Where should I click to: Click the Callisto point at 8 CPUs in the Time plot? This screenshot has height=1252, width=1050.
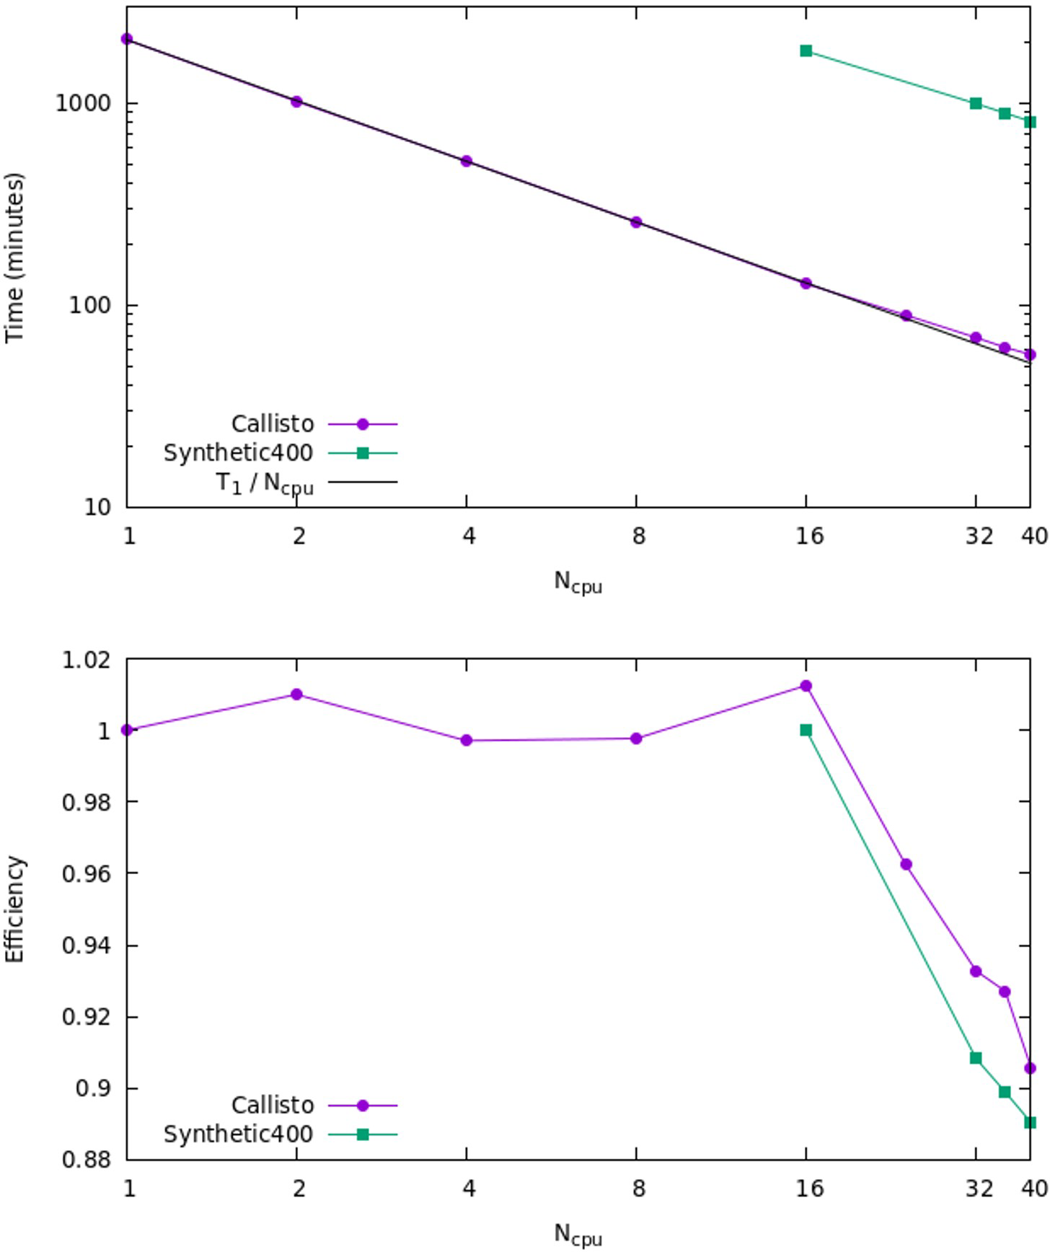[636, 222]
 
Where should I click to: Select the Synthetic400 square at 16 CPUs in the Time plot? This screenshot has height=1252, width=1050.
[806, 51]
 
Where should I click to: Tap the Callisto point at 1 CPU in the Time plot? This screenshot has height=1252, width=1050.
[127, 39]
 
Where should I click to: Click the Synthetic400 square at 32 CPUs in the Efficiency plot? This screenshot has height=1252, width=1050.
[976, 1058]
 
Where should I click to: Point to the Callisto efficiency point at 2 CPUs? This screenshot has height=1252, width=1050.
[296, 695]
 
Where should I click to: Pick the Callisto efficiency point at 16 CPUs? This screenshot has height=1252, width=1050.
[806, 686]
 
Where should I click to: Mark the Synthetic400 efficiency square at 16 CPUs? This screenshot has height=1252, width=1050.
[806, 731]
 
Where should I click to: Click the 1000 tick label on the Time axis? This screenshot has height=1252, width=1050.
[84, 103]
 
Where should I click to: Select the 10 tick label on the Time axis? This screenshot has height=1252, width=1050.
[98, 507]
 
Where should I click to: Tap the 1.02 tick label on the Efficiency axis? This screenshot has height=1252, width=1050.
[87, 660]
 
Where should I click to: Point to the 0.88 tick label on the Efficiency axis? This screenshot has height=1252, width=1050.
[87, 1160]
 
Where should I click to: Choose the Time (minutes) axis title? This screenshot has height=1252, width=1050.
[14, 257]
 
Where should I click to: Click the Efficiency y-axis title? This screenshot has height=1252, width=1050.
[14, 909]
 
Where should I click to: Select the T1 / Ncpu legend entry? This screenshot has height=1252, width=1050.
[265, 482]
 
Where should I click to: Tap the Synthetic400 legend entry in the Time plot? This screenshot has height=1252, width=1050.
[239, 453]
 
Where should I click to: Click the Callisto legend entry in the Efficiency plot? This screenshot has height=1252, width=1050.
[273, 1105]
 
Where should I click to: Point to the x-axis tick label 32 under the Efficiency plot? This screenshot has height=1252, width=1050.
[979, 1188]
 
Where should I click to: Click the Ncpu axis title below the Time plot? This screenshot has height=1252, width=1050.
[578, 581]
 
